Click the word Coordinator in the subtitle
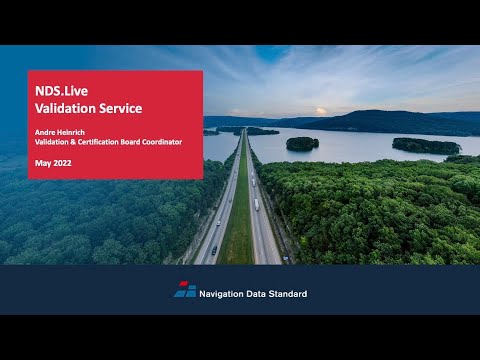(160, 142)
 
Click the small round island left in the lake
(302, 144)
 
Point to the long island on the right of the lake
(426, 146)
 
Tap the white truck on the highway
(256, 203)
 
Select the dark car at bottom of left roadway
(214, 250)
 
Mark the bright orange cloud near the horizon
(321, 111)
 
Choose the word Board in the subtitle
(127, 142)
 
